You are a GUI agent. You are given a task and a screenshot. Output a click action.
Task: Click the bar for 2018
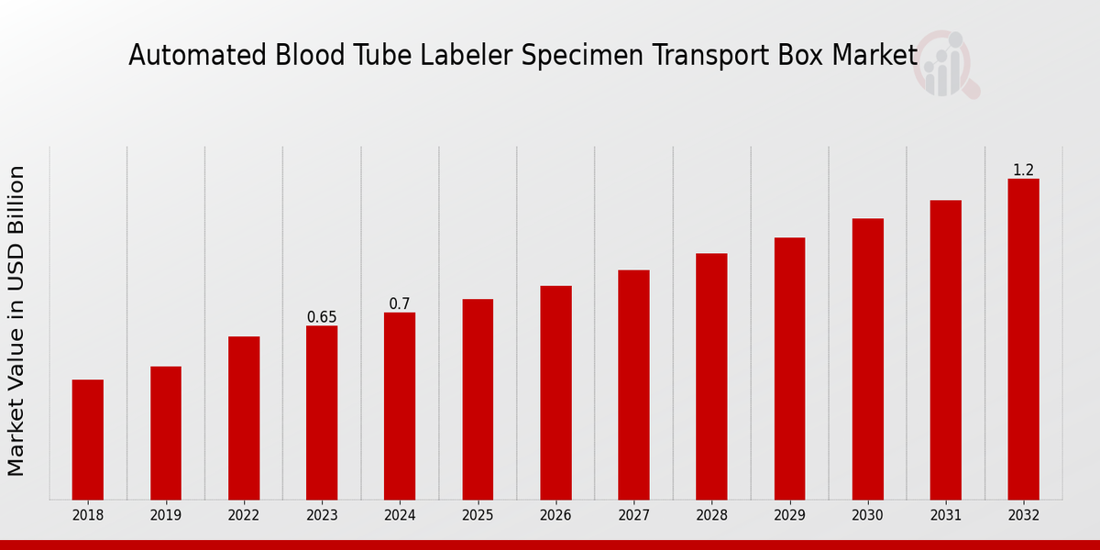tap(88, 439)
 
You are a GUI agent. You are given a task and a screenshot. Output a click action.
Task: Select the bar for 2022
tap(244, 418)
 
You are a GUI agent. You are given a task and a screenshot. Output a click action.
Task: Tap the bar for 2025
tap(478, 399)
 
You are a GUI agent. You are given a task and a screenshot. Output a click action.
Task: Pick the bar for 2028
tap(711, 376)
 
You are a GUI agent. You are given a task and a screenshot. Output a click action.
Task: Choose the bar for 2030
tap(867, 358)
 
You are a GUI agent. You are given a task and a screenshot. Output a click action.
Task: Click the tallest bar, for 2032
tap(1023, 339)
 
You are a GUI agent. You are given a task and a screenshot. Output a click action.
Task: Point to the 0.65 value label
tap(322, 317)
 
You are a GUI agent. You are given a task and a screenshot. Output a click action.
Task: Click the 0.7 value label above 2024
tap(400, 303)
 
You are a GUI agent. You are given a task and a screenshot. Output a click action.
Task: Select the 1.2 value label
tap(1023, 170)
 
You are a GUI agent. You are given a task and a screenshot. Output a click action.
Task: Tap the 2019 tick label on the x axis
tap(166, 516)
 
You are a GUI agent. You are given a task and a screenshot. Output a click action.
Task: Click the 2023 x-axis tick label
tap(322, 516)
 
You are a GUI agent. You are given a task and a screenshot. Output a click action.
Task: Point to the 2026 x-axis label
tap(555, 516)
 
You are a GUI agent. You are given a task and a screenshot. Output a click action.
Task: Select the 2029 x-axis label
tap(789, 516)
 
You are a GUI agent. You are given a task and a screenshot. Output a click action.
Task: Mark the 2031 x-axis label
tap(945, 516)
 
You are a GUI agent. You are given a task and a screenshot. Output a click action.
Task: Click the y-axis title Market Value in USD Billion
tap(16, 321)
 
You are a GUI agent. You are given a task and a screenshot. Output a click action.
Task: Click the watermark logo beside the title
tap(945, 64)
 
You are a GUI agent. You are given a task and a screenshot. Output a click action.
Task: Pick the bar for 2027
tap(633, 384)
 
